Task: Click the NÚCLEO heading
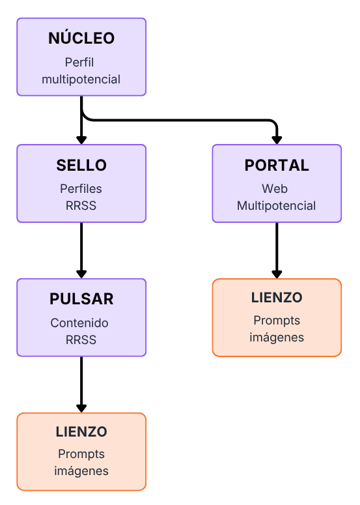[x=81, y=38]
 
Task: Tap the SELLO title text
[x=81, y=166]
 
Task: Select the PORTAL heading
[x=277, y=166]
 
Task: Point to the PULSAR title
[x=81, y=299]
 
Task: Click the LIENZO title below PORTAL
[x=277, y=298]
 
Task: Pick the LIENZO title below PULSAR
[x=81, y=432]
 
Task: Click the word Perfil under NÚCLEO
[x=79, y=62]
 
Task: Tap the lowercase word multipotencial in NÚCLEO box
[x=81, y=79]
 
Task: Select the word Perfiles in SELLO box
[x=81, y=189]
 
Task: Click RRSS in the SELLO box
[x=81, y=205]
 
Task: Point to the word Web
[x=275, y=189]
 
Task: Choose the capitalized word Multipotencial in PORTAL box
[x=277, y=205]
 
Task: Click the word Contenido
[x=79, y=323]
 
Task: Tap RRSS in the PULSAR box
[x=81, y=339]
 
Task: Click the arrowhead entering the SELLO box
[x=81, y=140]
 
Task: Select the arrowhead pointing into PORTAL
[x=277, y=140]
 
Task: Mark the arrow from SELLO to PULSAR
[x=81, y=250]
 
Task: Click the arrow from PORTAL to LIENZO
[x=277, y=250]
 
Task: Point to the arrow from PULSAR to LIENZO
[x=81, y=384]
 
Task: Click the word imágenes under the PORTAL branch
[x=277, y=338]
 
